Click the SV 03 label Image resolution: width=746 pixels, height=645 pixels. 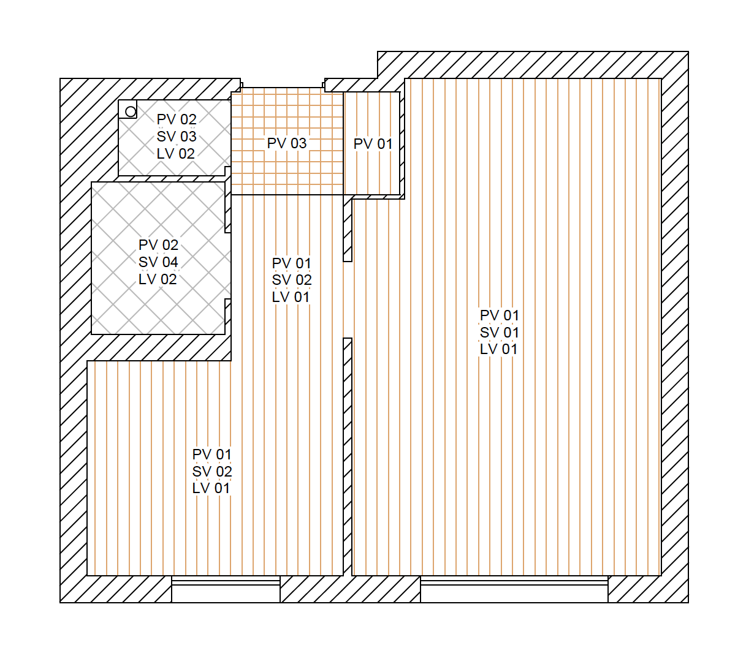(x=177, y=137)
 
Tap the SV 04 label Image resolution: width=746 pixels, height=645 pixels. (x=158, y=262)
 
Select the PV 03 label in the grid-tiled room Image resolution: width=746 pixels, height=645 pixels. (x=286, y=143)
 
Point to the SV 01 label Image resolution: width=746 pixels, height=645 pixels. (x=499, y=332)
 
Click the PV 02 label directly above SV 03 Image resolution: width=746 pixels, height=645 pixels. (x=177, y=119)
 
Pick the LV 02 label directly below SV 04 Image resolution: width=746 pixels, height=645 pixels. (x=158, y=279)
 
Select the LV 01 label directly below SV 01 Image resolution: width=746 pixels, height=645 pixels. (x=498, y=349)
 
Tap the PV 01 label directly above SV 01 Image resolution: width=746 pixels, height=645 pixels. (x=499, y=315)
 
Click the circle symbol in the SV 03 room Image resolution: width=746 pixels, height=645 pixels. (x=131, y=111)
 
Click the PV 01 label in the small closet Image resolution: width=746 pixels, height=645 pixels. (x=373, y=144)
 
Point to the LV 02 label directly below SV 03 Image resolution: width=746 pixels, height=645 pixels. (x=176, y=154)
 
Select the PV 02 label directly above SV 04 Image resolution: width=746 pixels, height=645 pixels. (x=158, y=245)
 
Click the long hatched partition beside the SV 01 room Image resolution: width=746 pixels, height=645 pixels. (x=347, y=457)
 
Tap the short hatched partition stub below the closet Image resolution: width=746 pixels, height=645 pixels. (x=347, y=230)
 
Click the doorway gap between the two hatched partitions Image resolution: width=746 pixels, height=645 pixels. (x=347, y=300)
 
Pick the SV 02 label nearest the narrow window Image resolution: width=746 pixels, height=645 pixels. (x=212, y=472)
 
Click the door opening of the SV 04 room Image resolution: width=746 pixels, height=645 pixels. (x=228, y=266)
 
